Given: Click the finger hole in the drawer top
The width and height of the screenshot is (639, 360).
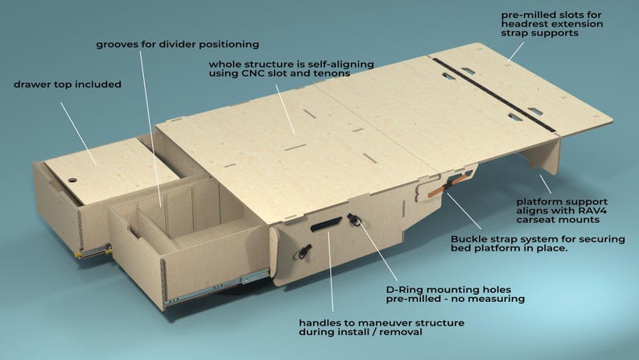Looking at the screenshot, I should pos(71,180).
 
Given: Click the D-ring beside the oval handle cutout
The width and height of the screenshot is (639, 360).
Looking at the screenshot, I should pos(354,220).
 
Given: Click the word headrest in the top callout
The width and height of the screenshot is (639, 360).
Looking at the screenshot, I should pos(524,24).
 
